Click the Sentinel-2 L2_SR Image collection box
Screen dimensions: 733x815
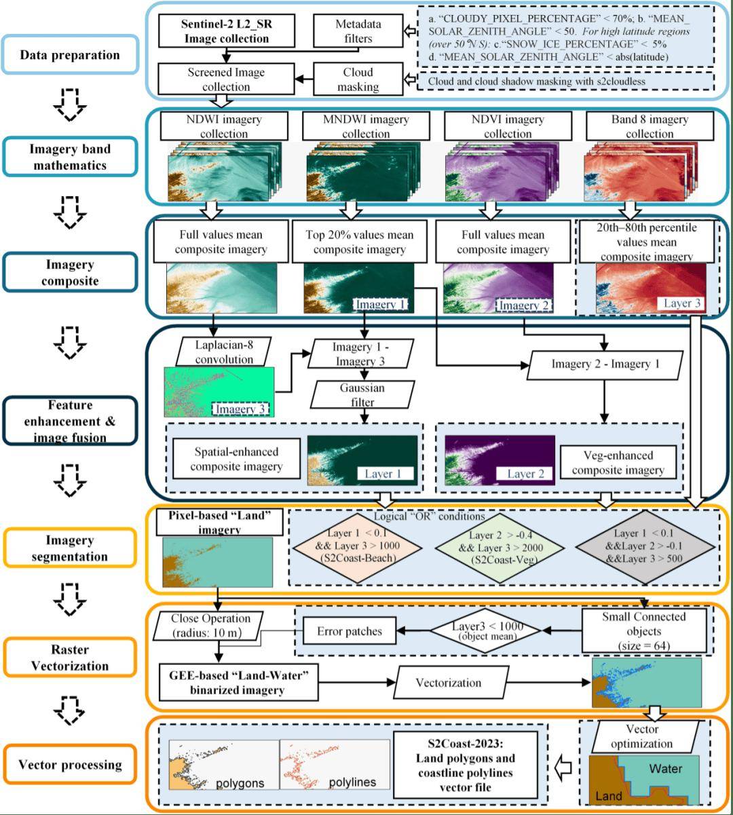point(227,31)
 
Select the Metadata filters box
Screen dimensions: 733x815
point(358,31)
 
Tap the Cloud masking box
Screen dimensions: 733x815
point(358,79)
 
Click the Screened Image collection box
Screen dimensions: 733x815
point(226,79)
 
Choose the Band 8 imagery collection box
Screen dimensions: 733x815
point(650,126)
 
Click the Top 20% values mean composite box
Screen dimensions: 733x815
point(360,242)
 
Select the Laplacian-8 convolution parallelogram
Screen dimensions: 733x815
point(224,352)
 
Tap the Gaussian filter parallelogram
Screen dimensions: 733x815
point(362,394)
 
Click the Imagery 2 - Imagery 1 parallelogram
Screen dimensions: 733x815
point(605,364)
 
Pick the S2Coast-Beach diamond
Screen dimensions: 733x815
point(358,547)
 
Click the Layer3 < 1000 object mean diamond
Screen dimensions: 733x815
point(486,630)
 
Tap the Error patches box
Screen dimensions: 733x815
point(350,631)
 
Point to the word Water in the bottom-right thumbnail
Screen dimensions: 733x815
point(666,769)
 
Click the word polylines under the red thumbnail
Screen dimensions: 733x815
point(352,782)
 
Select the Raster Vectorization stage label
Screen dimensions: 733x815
point(70,658)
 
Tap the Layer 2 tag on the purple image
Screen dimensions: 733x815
point(525,474)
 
